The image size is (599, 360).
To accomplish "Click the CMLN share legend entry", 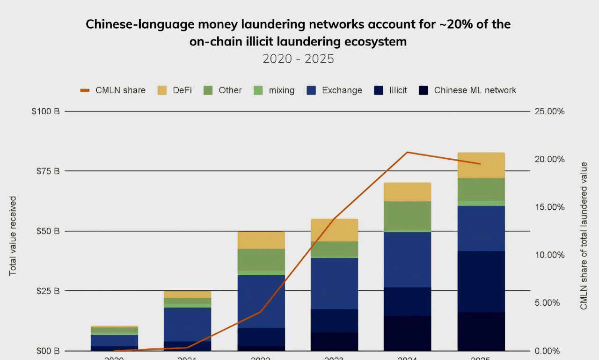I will click(112, 90).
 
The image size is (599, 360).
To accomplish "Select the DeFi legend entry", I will click(175, 90).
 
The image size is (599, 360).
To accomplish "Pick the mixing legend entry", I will click(274, 90).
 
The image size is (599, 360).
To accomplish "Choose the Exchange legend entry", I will click(334, 90).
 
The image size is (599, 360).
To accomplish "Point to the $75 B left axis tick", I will click(48, 171).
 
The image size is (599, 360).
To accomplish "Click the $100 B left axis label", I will click(46, 111).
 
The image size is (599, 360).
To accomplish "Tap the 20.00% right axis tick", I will click(549, 160).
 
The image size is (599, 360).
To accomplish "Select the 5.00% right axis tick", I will click(547, 303).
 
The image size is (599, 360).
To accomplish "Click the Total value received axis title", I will click(13, 236).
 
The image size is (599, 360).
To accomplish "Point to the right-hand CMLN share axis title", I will click(584, 236).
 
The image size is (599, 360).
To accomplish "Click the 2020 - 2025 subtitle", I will click(298, 59).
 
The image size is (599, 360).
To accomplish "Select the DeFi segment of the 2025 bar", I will click(481, 165).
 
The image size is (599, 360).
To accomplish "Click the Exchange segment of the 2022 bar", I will click(261, 301).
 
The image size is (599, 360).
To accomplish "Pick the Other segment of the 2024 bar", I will click(407, 216).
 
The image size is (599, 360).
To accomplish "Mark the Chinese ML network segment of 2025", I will click(481, 331).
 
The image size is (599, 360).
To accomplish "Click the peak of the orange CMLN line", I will click(407, 152).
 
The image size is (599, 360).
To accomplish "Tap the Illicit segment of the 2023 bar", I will click(334, 321).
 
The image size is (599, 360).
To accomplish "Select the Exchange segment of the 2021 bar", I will click(187, 324).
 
